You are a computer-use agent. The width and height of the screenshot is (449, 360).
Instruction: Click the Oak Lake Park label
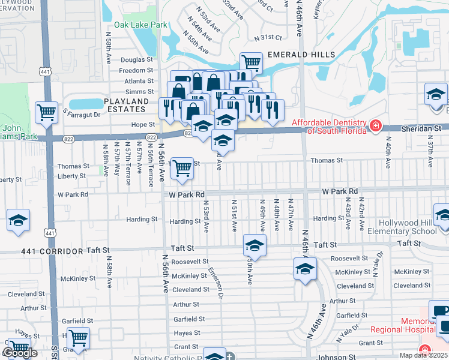click(140, 25)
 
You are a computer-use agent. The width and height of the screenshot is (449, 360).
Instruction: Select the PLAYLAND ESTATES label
click(125, 105)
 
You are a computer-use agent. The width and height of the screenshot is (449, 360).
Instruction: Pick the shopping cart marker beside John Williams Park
click(46, 111)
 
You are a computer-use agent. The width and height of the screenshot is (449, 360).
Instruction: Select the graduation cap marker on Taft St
click(255, 246)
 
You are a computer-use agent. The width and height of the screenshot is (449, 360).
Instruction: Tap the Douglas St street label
click(137, 60)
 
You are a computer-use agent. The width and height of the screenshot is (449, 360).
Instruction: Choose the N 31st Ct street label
click(268, 38)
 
